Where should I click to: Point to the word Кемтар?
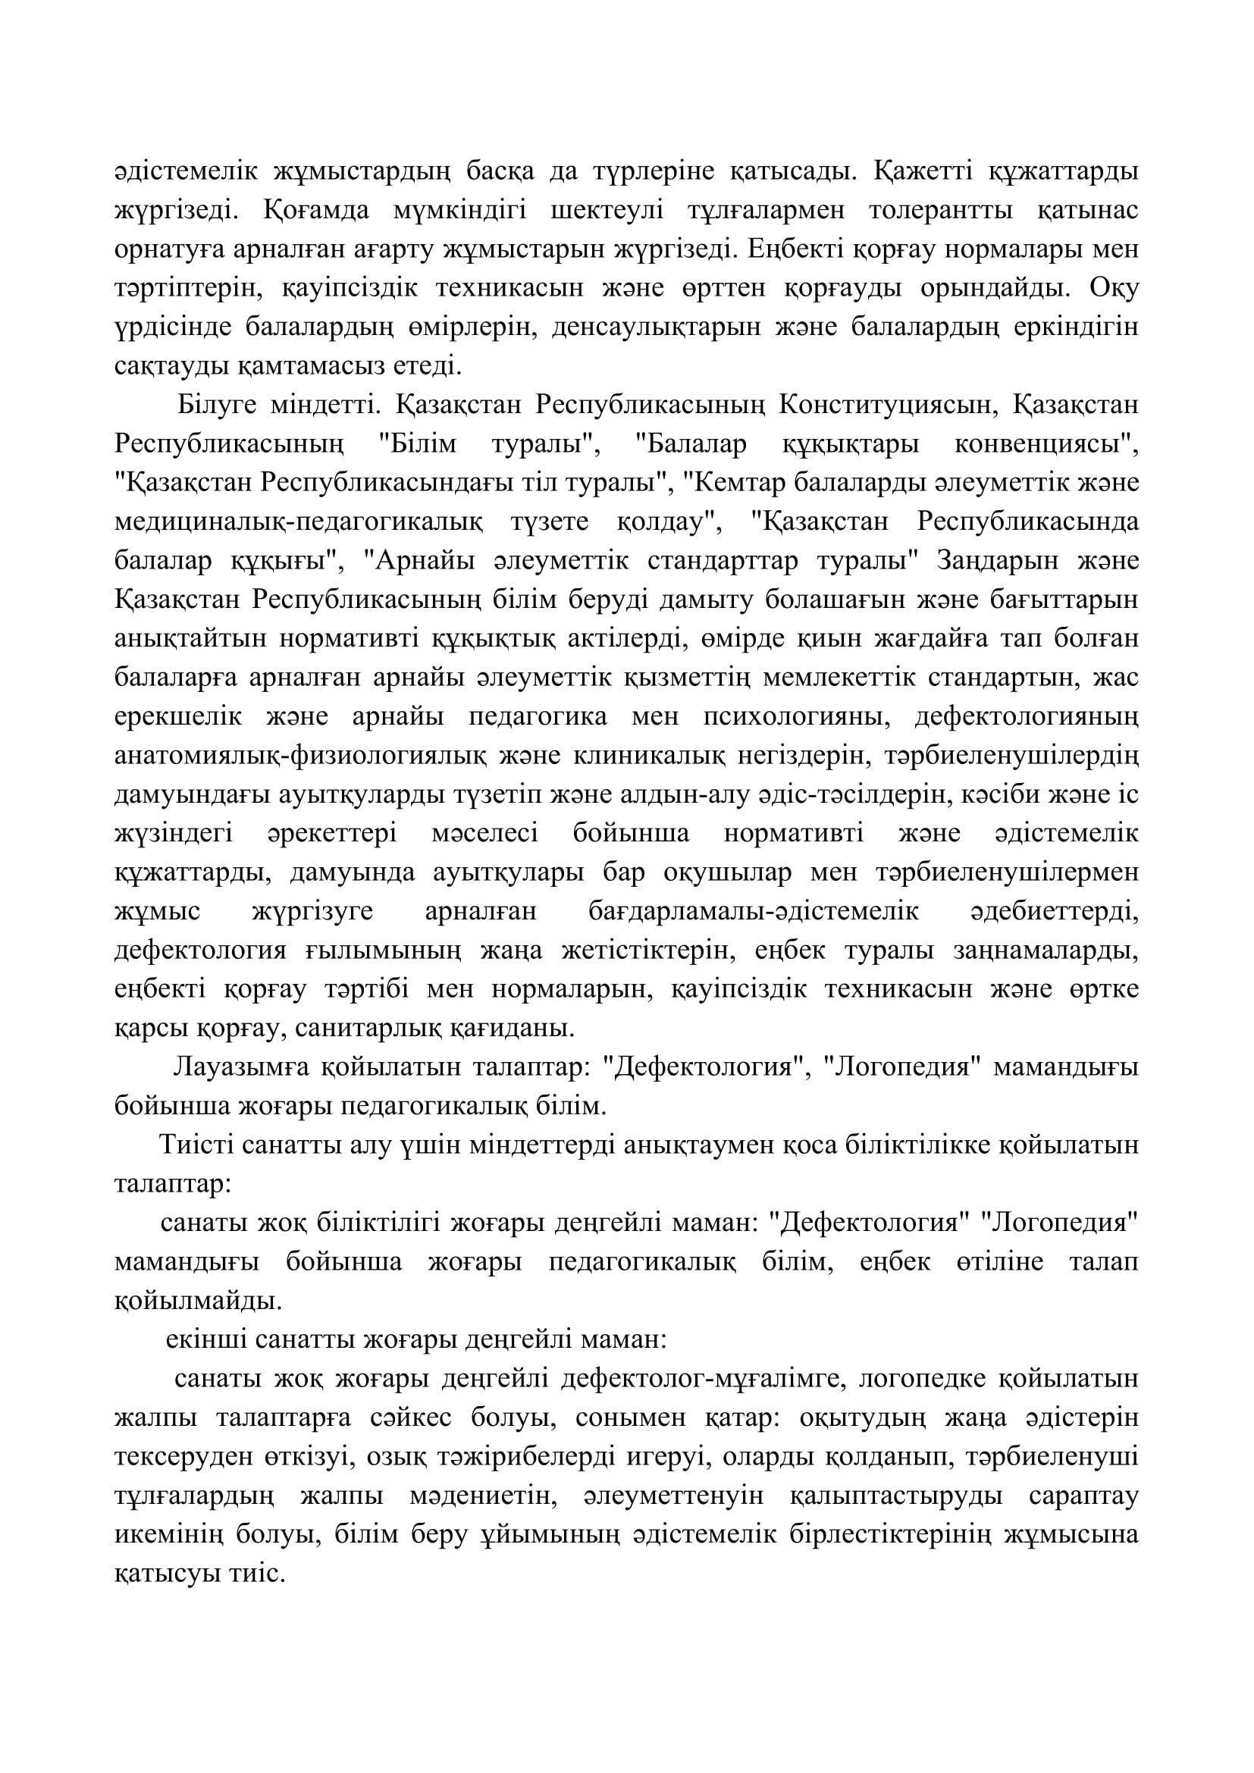click(x=740, y=484)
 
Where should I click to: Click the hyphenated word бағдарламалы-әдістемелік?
click(x=754, y=911)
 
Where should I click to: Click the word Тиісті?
click(x=196, y=1145)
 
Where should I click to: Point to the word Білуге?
click(x=218, y=405)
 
